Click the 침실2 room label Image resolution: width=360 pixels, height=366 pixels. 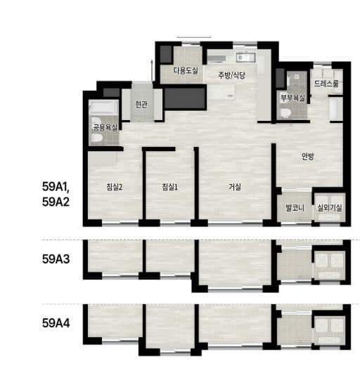click(x=115, y=187)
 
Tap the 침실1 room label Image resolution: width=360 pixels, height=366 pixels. click(x=170, y=187)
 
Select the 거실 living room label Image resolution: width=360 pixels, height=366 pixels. click(x=235, y=187)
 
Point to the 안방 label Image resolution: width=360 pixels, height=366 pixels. click(x=308, y=157)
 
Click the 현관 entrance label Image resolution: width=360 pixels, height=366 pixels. click(x=141, y=104)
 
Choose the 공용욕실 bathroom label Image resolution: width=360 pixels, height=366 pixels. click(x=105, y=128)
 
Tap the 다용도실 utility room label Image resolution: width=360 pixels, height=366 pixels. click(x=186, y=70)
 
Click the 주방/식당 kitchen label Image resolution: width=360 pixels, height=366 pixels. click(x=231, y=75)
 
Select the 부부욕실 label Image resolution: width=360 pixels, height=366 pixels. click(x=293, y=98)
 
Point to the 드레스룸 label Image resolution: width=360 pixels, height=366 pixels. click(x=326, y=84)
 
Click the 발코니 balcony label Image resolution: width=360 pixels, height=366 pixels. click(x=295, y=207)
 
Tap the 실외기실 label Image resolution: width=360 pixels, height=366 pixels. click(x=330, y=207)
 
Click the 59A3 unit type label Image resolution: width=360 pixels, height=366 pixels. click(x=56, y=259)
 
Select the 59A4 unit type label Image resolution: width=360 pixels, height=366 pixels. click(x=56, y=323)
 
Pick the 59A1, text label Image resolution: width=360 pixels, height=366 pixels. click(x=56, y=187)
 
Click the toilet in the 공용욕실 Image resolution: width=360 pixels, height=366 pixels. click(x=96, y=138)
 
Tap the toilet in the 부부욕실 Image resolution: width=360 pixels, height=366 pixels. click(x=286, y=113)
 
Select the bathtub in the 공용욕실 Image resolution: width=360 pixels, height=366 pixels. click(x=104, y=107)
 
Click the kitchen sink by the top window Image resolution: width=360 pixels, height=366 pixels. click(x=245, y=57)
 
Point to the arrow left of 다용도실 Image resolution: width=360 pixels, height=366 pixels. click(x=152, y=70)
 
